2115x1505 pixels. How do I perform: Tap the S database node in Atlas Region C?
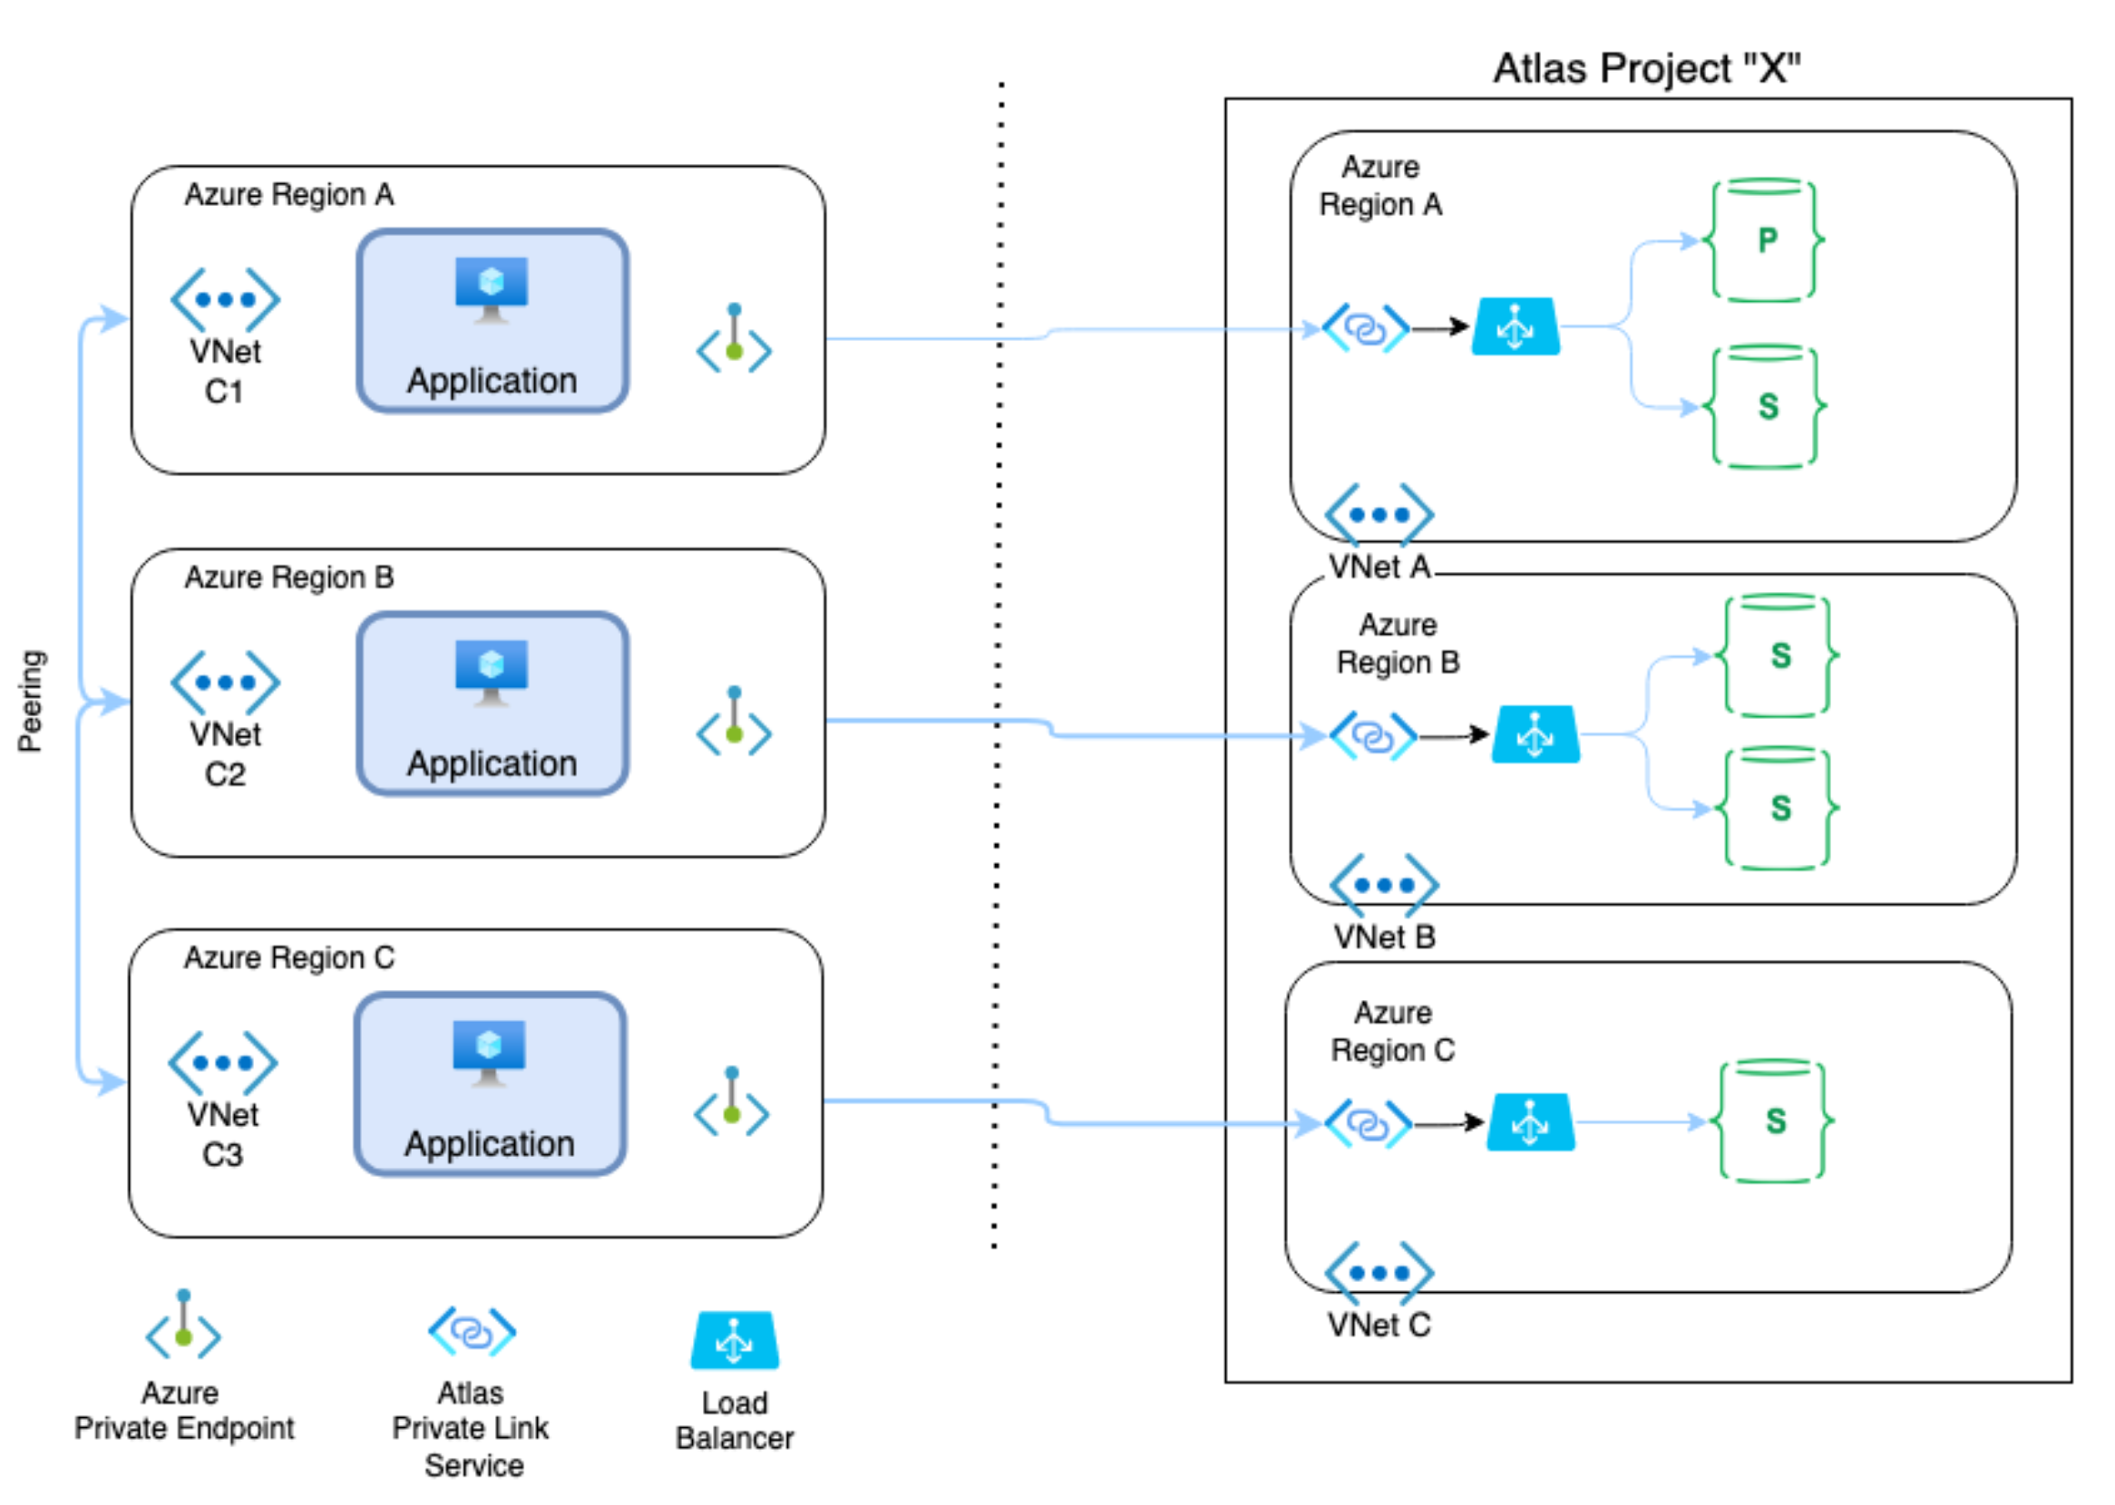[1773, 1122]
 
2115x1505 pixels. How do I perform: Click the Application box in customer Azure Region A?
[492, 321]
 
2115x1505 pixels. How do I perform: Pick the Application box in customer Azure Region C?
[490, 1084]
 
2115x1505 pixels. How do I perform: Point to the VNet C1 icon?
[225, 299]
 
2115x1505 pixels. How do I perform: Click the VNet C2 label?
[225, 754]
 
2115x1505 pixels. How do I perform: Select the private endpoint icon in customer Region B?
[734, 723]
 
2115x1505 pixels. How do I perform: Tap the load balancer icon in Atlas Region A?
[1516, 326]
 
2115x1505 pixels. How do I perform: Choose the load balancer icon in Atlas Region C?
[1529, 1122]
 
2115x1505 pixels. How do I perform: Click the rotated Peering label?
[31, 701]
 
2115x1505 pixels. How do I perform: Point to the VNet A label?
[1379, 567]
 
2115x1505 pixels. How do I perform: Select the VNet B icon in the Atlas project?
[1383, 884]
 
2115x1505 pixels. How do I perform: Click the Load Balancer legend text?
[734, 1420]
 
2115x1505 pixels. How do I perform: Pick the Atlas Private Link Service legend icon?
[472, 1332]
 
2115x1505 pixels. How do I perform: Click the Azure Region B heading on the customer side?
[289, 578]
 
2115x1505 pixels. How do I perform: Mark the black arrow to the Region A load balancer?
[1441, 327]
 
